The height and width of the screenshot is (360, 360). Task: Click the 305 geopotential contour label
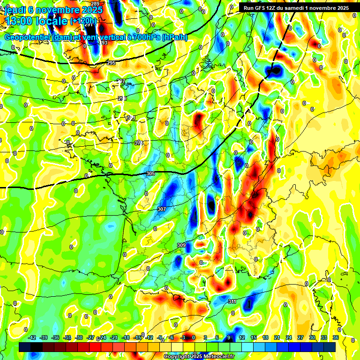pos(150,174)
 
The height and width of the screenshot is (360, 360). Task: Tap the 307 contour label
pos(162,209)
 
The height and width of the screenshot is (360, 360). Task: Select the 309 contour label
pos(181,245)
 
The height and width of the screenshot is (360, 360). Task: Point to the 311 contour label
pos(232,301)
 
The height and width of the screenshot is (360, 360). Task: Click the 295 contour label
pos(111,63)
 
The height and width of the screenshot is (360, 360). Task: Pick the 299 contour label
pos(122,98)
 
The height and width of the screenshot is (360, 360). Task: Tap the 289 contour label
pos(95,4)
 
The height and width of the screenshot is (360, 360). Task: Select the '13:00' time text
pos(18,21)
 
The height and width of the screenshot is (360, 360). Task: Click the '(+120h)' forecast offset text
pos(83,21)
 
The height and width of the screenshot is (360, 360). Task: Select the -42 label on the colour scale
pos(32,337)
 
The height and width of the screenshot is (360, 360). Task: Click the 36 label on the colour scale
pos(336,337)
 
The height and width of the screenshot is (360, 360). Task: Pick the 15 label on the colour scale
pos(253,337)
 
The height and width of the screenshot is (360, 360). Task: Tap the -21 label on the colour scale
pos(114,337)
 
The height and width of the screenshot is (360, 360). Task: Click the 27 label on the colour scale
pos(300,337)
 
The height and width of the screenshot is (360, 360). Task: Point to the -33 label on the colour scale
pos(67,337)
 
